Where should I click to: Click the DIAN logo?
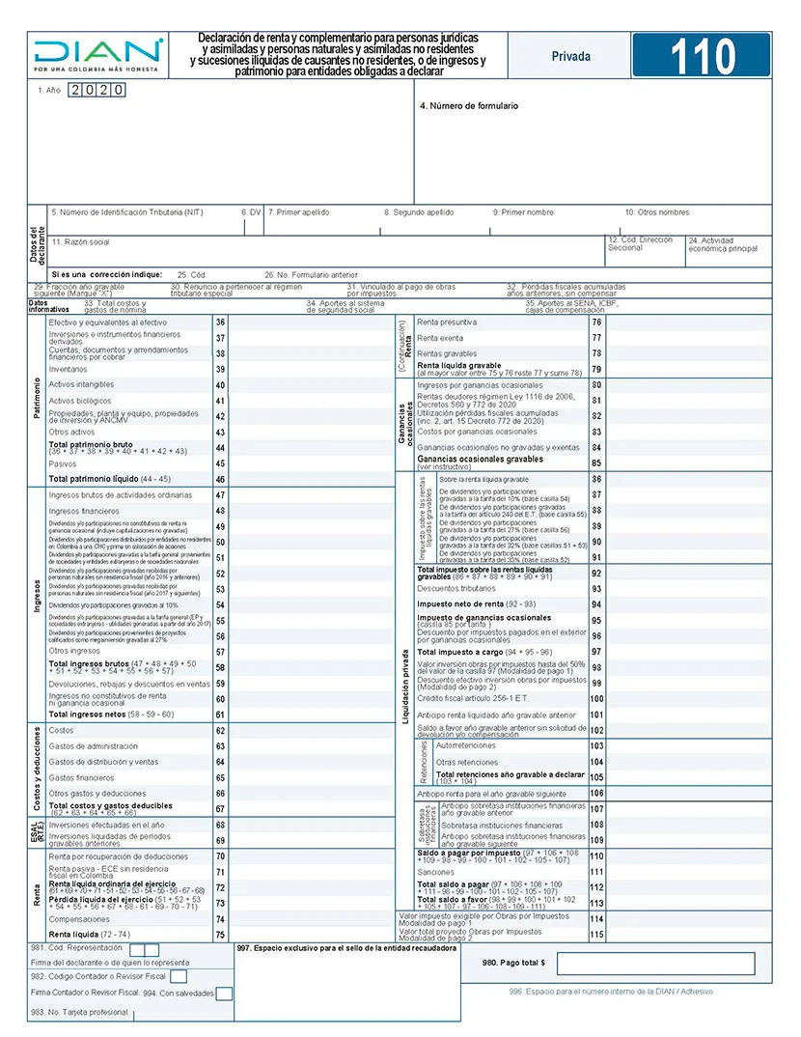point(97,55)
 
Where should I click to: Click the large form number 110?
point(702,57)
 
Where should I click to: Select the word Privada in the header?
point(570,57)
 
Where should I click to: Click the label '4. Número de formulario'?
point(469,105)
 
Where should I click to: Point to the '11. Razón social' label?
point(80,241)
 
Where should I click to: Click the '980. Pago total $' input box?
point(655,963)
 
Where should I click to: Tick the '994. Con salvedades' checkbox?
point(224,993)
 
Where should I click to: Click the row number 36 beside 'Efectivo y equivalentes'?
point(220,322)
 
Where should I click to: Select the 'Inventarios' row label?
point(68,369)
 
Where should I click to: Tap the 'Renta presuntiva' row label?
point(447,322)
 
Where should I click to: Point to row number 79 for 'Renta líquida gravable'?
point(596,369)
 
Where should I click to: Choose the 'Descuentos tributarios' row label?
point(456,588)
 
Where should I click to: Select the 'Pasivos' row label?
point(62,463)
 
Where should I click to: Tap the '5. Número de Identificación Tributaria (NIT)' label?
point(126,212)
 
